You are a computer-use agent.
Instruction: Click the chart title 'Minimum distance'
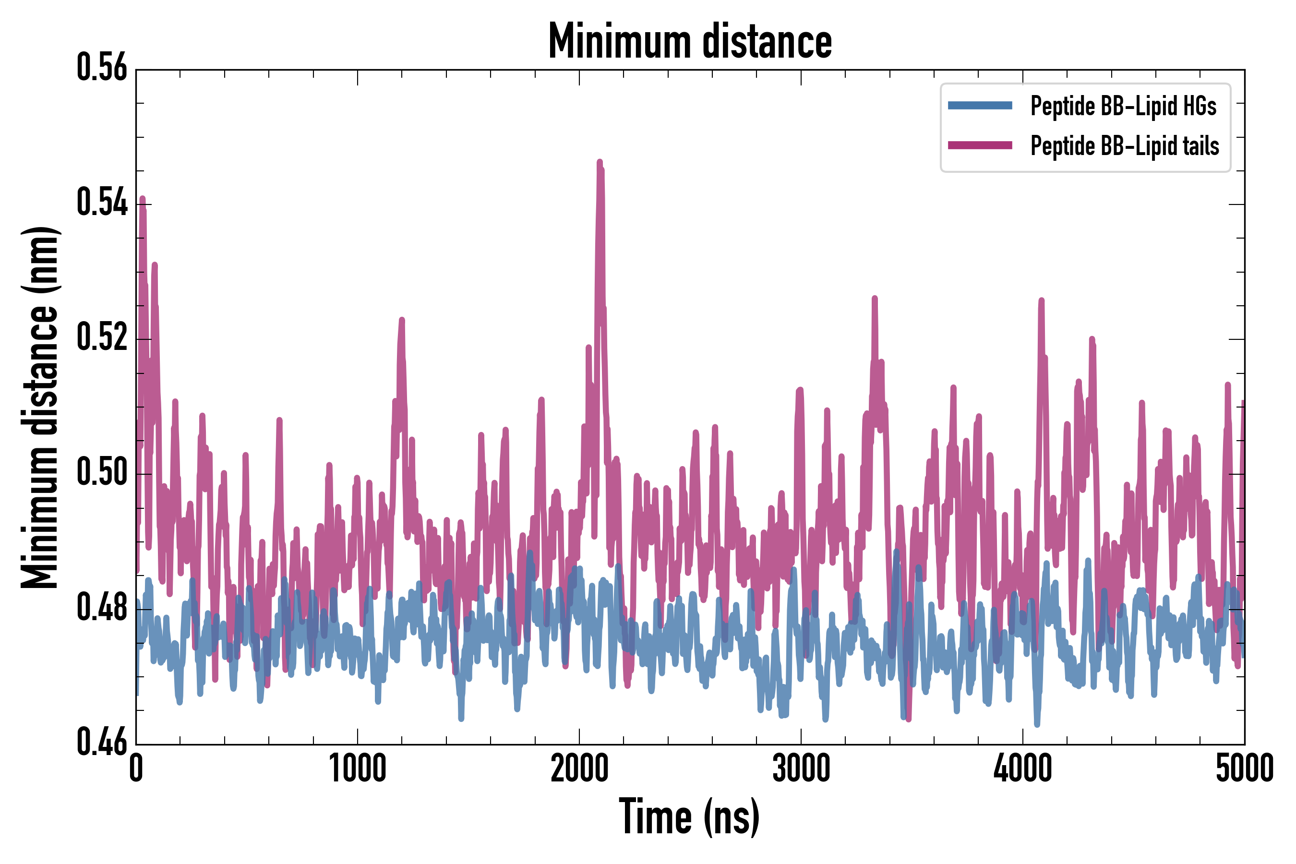[x=690, y=41]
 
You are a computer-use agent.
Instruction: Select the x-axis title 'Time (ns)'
[x=689, y=816]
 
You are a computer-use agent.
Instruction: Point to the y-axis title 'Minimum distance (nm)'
[x=40, y=407]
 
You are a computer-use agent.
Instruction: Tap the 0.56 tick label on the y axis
[x=102, y=68]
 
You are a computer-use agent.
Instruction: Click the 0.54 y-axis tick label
[x=102, y=203]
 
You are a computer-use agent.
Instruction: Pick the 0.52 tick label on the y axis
[x=102, y=338]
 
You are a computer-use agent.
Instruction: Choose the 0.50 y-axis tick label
[x=102, y=473]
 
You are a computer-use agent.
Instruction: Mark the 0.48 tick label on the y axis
[x=102, y=608]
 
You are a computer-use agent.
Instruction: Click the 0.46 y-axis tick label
[x=102, y=742]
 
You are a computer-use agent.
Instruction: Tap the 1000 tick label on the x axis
[x=358, y=768]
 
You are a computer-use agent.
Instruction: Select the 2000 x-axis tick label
[x=579, y=768]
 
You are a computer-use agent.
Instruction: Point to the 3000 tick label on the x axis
[x=801, y=768]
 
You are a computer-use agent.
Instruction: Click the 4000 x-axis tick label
[x=1023, y=768]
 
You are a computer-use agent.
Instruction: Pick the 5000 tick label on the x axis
[x=1244, y=768]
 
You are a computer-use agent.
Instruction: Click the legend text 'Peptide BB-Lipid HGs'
[x=1123, y=106]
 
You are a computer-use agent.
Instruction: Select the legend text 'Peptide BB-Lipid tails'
[x=1125, y=146]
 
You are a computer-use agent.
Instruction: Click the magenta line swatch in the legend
[x=980, y=145]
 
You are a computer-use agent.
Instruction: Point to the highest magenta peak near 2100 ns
[x=600, y=162]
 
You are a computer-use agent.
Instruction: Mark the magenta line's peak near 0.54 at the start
[x=143, y=198]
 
